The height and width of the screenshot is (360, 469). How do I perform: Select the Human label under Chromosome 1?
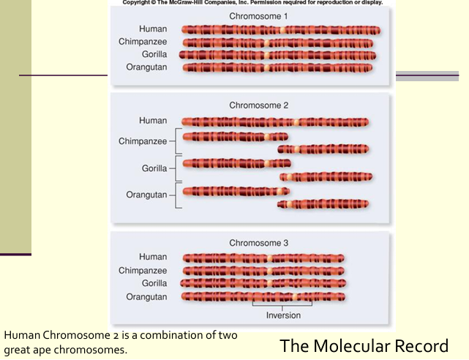[x=153, y=29]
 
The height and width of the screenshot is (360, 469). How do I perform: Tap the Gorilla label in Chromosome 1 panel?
[x=154, y=54]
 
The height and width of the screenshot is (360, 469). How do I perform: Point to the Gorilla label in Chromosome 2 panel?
[x=154, y=168]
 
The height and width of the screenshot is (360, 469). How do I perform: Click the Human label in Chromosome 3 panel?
[x=153, y=257]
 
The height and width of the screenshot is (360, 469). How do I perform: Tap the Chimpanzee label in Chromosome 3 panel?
[x=143, y=270]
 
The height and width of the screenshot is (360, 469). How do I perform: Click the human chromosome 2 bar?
[x=275, y=122]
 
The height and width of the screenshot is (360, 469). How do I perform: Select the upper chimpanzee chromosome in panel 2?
[x=235, y=137]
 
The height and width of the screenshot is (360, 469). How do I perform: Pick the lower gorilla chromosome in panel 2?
[x=326, y=176]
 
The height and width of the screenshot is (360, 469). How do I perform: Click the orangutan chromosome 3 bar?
[x=263, y=296]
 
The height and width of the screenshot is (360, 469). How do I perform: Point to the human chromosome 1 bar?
[x=280, y=30]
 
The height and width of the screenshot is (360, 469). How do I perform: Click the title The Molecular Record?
[x=364, y=345]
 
